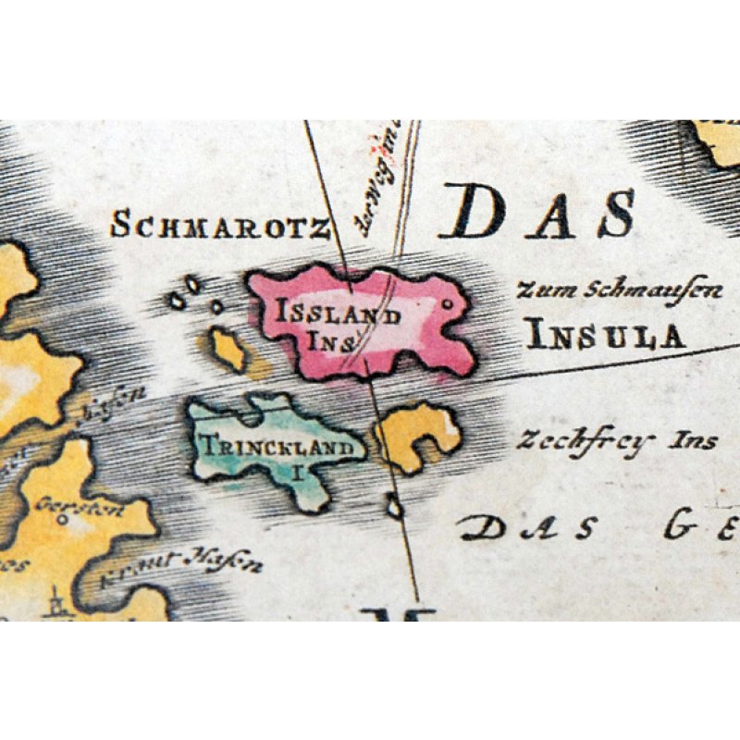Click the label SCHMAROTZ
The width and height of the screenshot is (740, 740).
click(220, 225)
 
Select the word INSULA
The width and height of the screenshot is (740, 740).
click(605, 335)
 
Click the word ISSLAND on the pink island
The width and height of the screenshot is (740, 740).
click(339, 314)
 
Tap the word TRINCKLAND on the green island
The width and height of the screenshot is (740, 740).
click(277, 449)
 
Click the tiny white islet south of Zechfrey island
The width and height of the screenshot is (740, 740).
click(395, 507)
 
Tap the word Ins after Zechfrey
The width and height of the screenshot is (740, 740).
click(695, 440)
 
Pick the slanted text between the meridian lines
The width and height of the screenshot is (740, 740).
click(379, 180)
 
